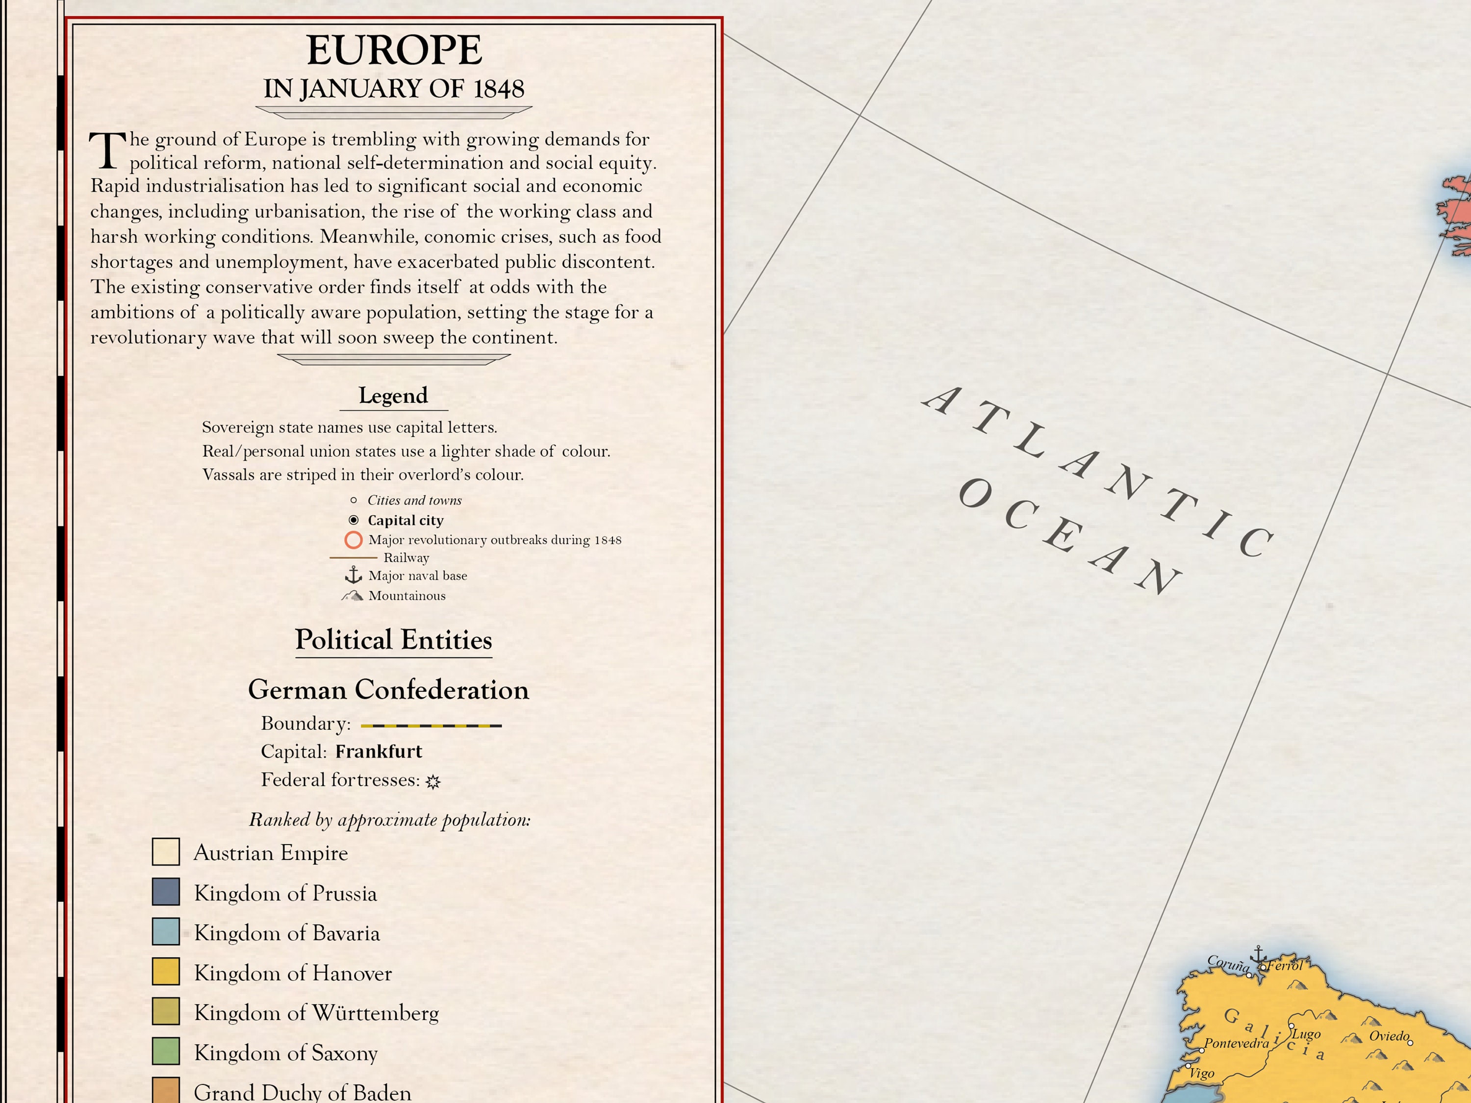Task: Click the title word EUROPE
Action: pyautogui.click(x=394, y=50)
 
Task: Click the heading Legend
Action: pyautogui.click(x=393, y=396)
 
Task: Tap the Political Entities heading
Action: pyautogui.click(x=393, y=640)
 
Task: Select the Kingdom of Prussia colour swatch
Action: pyautogui.click(x=166, y=892)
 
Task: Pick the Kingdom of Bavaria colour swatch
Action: pyautogui.click(x=166, y=931)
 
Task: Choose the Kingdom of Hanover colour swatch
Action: pyautogui.click(x=166, y=971)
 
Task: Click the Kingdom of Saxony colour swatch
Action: pyautogui.click(x=166, y=1051)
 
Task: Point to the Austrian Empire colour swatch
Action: pyautogui.click(x=166, y=852)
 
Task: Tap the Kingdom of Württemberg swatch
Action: pyautogui.click(x=166, y=1011)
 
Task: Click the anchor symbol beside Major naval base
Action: pyautogui.click(x=353, y=575)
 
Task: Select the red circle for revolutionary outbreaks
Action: pyautogui.click(x=353, y=540)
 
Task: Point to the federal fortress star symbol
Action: pyautogui.click(x=433, y=782)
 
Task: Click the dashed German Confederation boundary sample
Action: pyautogui.click(x=431, y=726)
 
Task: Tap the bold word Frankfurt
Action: pyautogui.click(x=379, y=752)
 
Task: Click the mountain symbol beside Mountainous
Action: pyautogui.click(x=353, y=596)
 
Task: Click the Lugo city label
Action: pyautogui.click(x=1306, y=1034)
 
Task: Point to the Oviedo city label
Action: pyautogui.click(x=1389, y=1036)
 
